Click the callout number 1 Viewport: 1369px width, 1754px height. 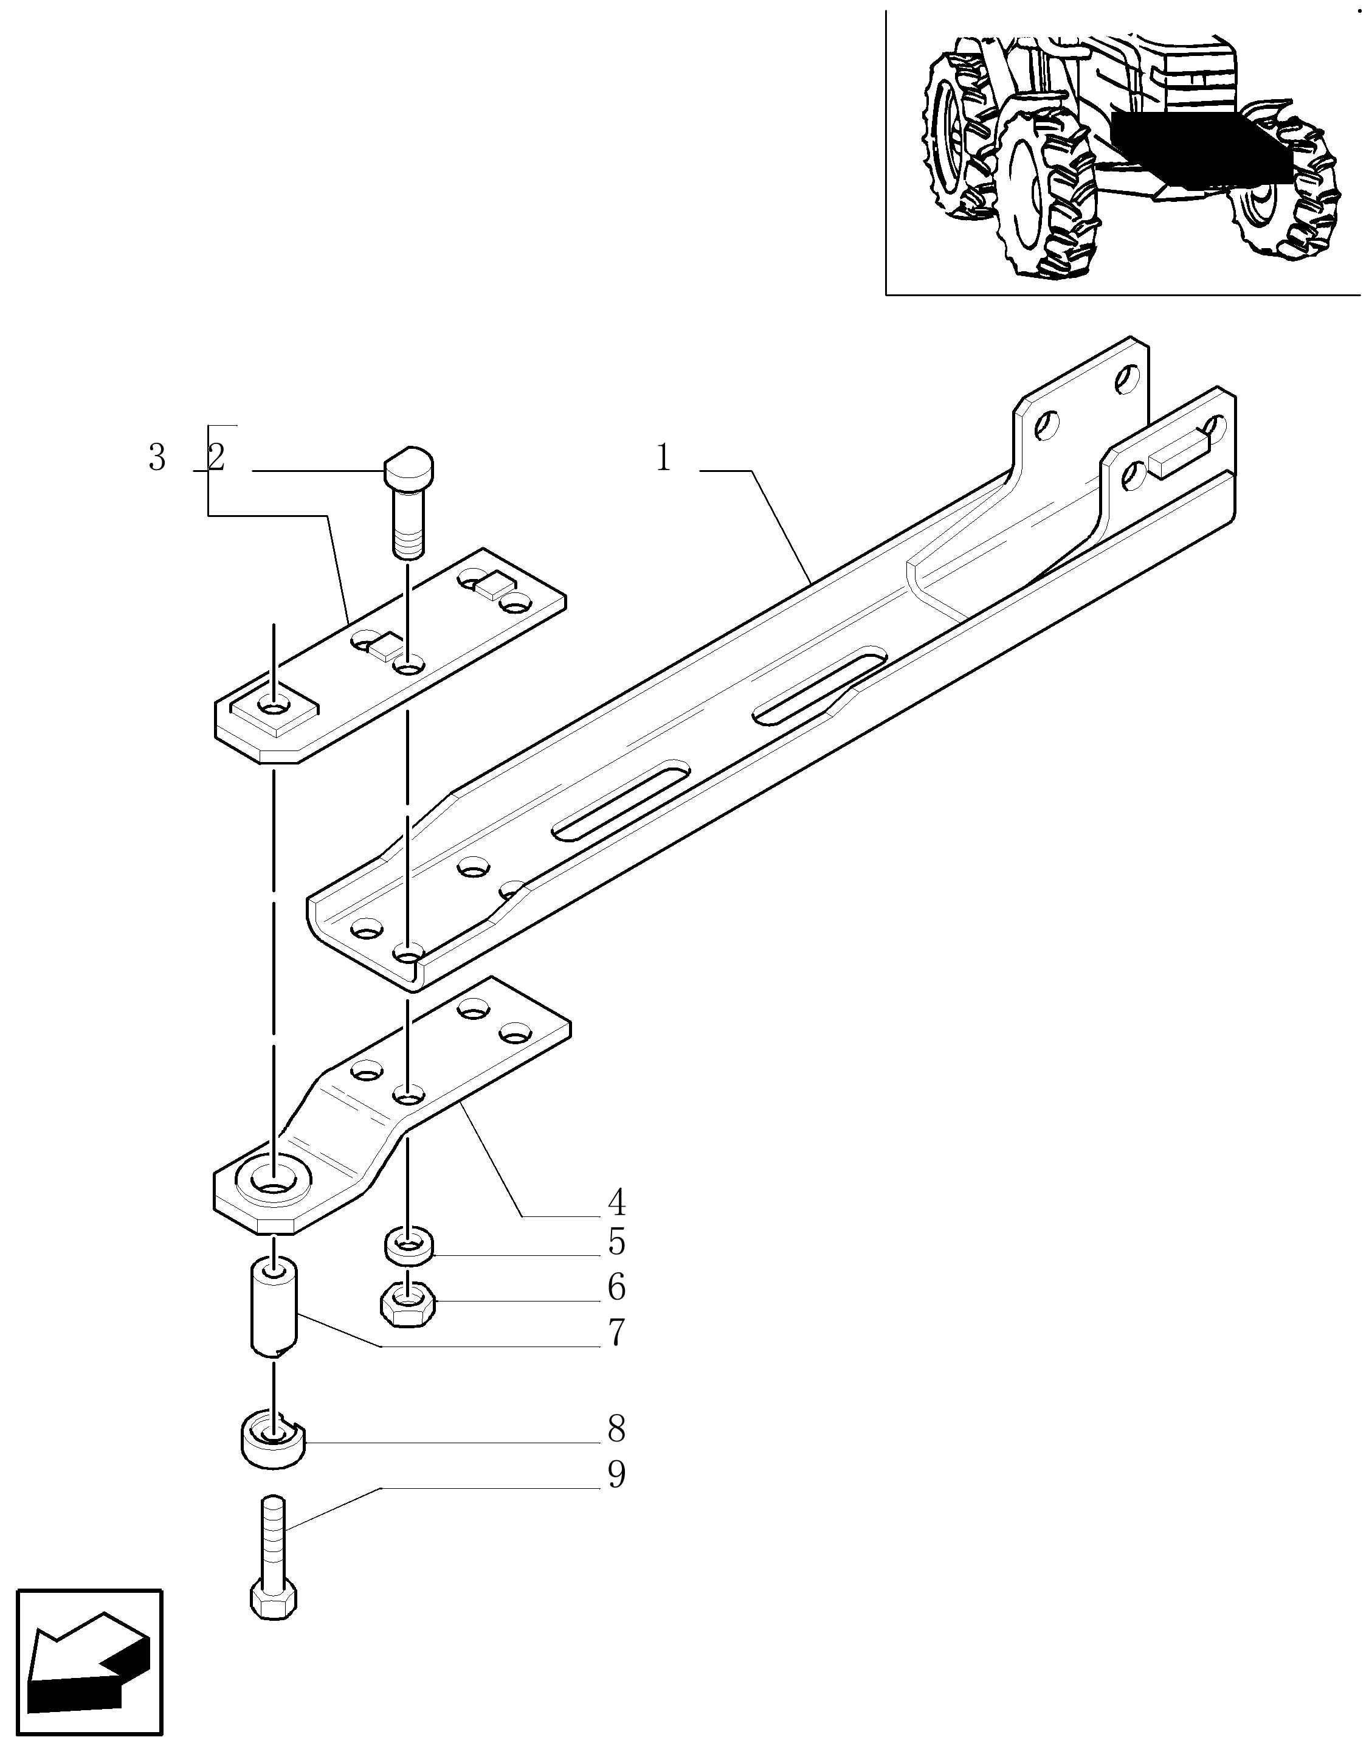click(x=663, y=459)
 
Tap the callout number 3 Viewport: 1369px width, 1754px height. click(x=157, y=459)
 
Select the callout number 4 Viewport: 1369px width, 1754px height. click(x=616, y=1225)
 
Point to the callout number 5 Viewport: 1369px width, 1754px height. click(x=616, y=1265)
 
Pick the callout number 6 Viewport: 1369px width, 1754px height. click(x=616, y=1310)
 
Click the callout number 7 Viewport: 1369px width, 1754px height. click(x=616, y=1356)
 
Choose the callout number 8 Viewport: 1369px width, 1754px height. click(x=616, y=1452)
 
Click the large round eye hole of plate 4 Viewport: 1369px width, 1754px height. click(x=273, y=1203)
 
